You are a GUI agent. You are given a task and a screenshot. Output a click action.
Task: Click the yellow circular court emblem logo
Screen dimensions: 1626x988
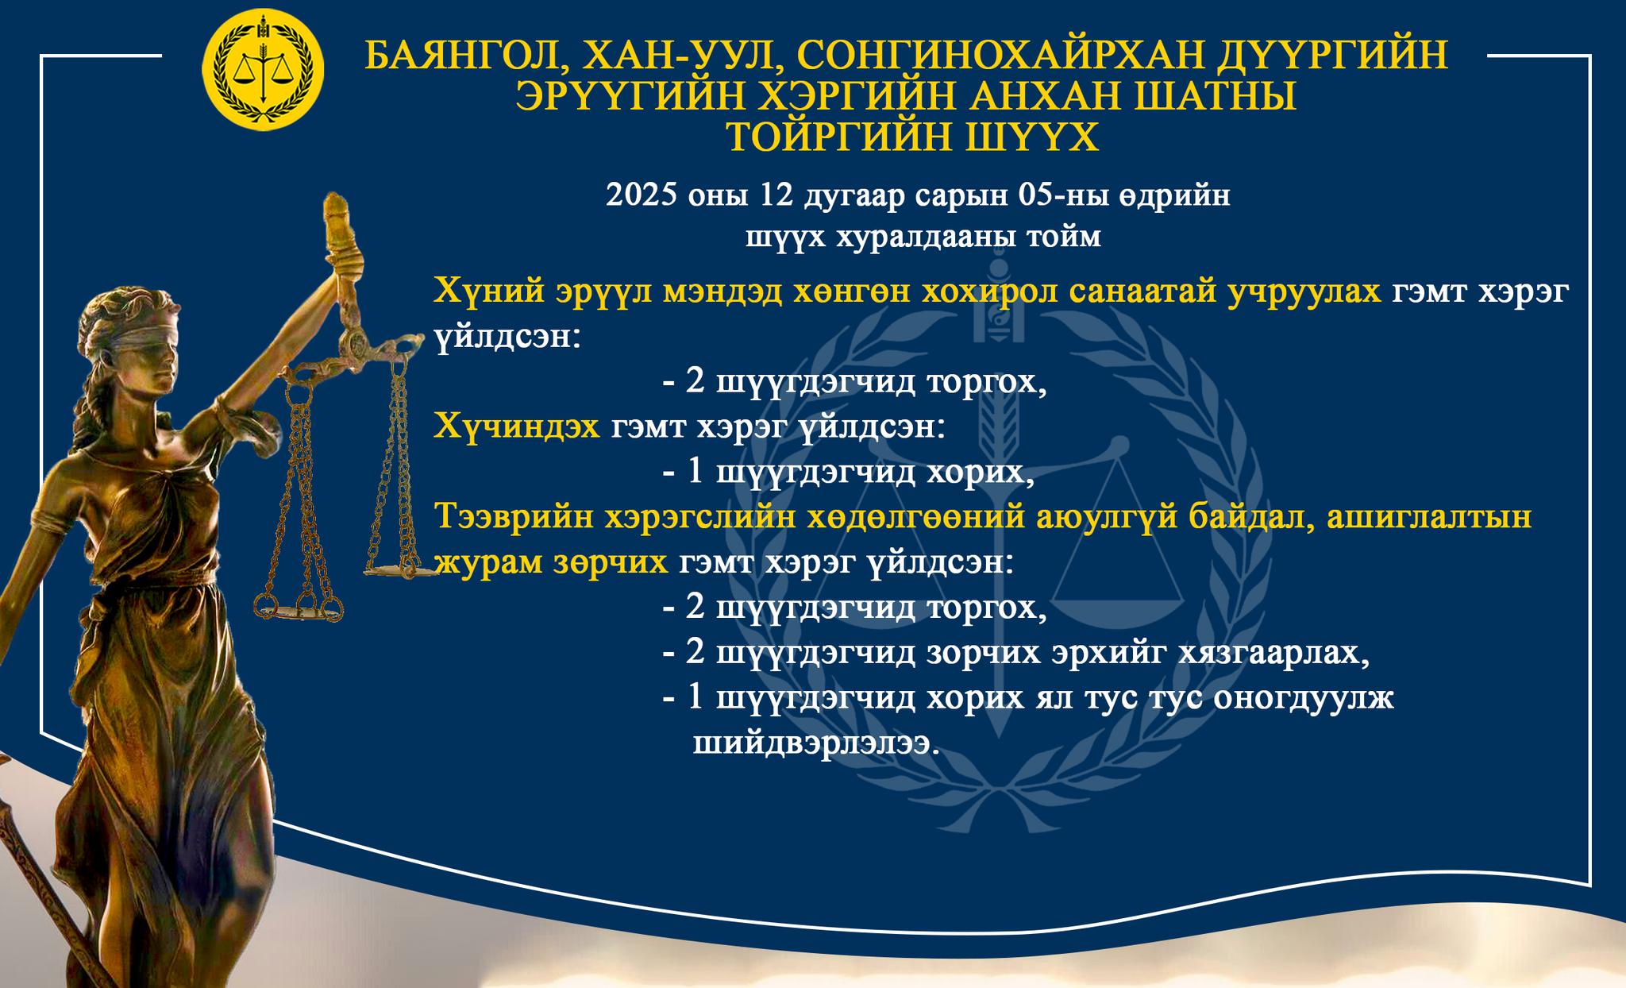(x=264, y=70)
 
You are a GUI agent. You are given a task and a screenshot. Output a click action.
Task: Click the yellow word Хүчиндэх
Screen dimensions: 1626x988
(x=517, y=427)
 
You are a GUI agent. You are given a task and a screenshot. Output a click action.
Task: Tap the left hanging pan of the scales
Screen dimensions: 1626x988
(x=299, y=608)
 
